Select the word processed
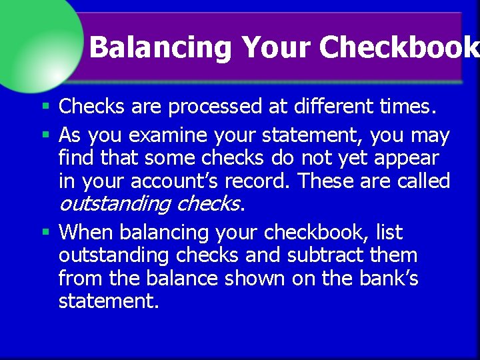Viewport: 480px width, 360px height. (218, 106)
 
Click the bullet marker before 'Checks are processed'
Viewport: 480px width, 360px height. (45, 106)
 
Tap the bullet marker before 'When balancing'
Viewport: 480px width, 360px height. (45, 233)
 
